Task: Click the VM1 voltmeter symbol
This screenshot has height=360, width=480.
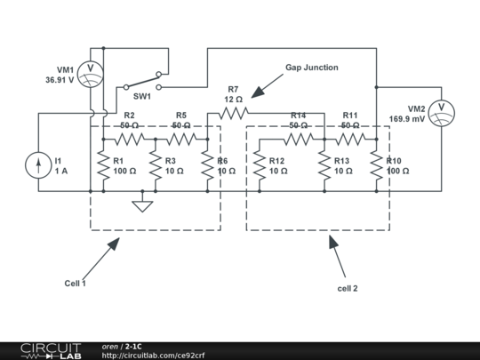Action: (x=90, y=74)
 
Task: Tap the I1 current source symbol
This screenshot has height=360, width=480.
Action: (x=38, y=164)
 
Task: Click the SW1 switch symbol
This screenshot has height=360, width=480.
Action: (x=143, y=81)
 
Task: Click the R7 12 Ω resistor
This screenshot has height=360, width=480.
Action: (x=233, y=113)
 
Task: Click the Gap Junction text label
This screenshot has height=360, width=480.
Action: (x=311, y=68)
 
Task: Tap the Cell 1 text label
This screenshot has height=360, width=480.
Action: (x=76, y=284)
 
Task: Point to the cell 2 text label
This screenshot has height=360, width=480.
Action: (x=348, y=289)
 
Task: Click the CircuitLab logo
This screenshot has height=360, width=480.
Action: (x=50, y=350)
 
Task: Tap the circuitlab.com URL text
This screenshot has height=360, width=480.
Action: (x=153, y=356)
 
